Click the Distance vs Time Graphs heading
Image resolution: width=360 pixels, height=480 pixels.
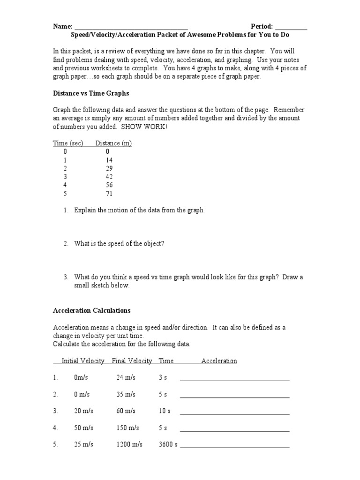coord(90,93)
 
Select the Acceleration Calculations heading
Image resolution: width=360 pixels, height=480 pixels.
coord(92,310)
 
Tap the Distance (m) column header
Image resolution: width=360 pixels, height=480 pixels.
coord(113,143)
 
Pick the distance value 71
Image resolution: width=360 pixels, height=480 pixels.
coord(109,194)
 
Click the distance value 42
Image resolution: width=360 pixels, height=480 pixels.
coord(109,177)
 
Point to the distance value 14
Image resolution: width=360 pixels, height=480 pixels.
coord(109,160)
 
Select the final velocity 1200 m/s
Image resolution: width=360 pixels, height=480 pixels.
coord(129,444)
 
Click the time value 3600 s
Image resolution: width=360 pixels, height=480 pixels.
coord(168,444)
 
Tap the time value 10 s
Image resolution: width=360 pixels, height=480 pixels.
coord(165,411)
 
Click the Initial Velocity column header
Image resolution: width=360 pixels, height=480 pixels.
coord(83,361)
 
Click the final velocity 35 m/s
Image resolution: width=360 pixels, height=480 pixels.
coord(126,394)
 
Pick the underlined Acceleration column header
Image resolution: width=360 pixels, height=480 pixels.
coord(219,361)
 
